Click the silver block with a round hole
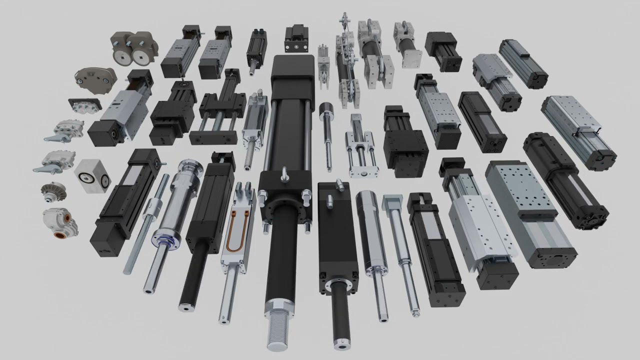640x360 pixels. click(x=91, y=175)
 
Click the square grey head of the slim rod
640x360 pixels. click(x=391, y=202)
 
